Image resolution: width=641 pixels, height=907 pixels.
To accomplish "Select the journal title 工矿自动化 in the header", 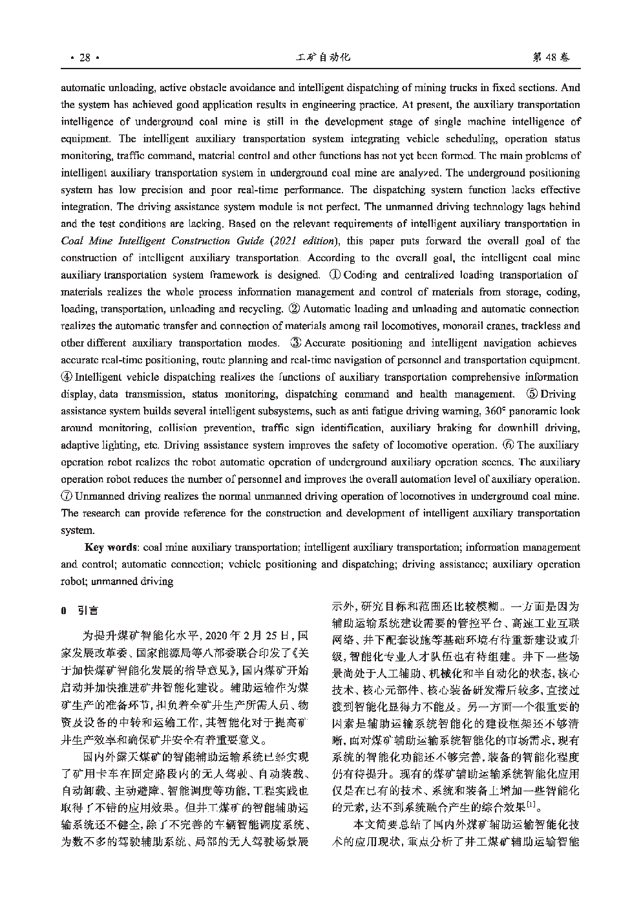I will (x=322, y=58).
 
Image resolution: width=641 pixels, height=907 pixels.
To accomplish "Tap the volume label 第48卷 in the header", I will (x=551, y=58).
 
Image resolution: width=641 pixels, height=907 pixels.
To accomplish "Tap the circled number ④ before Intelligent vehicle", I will (x=67, y=378).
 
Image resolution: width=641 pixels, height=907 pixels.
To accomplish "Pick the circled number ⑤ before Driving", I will (x=532, y=394).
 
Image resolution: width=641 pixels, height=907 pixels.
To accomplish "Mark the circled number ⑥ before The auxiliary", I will (x=509, y=445).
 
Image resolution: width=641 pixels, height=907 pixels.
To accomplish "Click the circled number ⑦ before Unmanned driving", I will (x=67, y=496).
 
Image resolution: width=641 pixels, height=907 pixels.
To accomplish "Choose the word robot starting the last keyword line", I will (x=73, y=581).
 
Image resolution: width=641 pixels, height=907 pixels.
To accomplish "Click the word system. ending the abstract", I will (x=77, y=531).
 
